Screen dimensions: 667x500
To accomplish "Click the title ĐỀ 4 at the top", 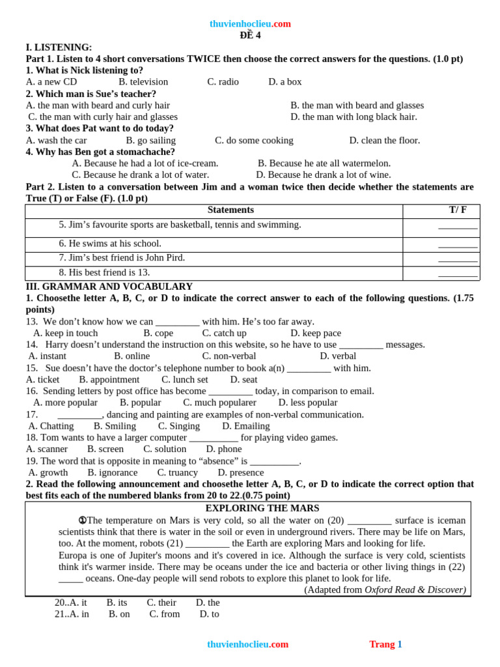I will click(x=250, y=35).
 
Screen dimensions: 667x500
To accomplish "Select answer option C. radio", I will click(x=223, y=81).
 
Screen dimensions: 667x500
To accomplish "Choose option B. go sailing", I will click(x=150, y=140).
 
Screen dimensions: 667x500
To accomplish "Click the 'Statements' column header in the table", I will click(x=230, y=210).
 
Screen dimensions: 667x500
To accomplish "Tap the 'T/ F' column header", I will click(x=458, y=210).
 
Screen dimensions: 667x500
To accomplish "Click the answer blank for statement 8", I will click(x=458, y=273).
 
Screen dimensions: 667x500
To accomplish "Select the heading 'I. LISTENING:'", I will click(x=59, y=47).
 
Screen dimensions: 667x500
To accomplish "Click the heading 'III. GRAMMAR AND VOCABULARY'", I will click(x=109, y=286).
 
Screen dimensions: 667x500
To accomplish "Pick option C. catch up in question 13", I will click(x=224, y=333).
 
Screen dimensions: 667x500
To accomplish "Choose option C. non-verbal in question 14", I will click(x=229, y=356).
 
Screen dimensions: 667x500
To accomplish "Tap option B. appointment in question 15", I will click(x=109, y=379).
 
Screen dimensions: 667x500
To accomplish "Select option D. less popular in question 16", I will click(x=307, y=403).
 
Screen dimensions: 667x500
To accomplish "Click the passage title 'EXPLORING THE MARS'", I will click(x=262, y=508).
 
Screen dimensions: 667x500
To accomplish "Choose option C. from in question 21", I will click(x=165, y=614).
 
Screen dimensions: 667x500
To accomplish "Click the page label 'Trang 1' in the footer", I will click(x=385, y=644).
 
